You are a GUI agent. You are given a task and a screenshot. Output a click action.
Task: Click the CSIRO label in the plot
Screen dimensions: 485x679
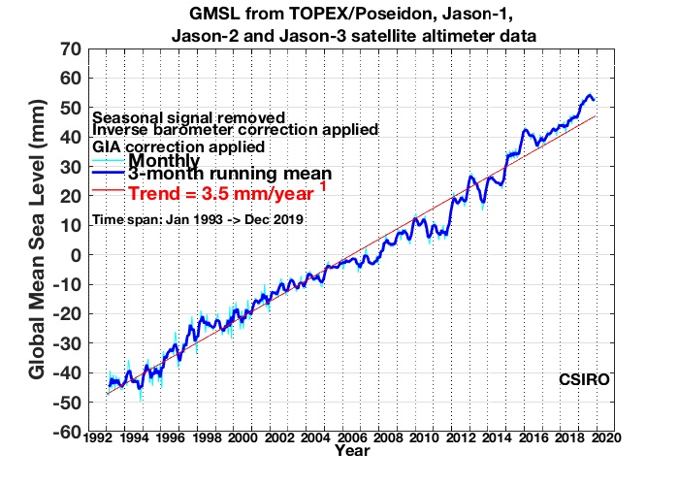pyautogui.click(x=583, y=379)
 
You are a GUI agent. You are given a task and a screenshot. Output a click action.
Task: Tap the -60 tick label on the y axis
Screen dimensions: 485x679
pyautogui.click(x=68, y=432)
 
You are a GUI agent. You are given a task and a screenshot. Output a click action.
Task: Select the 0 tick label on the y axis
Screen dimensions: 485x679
pyautogui.click(x=75, y=255)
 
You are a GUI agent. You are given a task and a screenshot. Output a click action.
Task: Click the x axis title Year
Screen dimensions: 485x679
pyautogui.click(x=350, y=452)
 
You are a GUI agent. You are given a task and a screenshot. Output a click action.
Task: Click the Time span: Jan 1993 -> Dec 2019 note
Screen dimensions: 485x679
pyautogui.click(x=198, y=220)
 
